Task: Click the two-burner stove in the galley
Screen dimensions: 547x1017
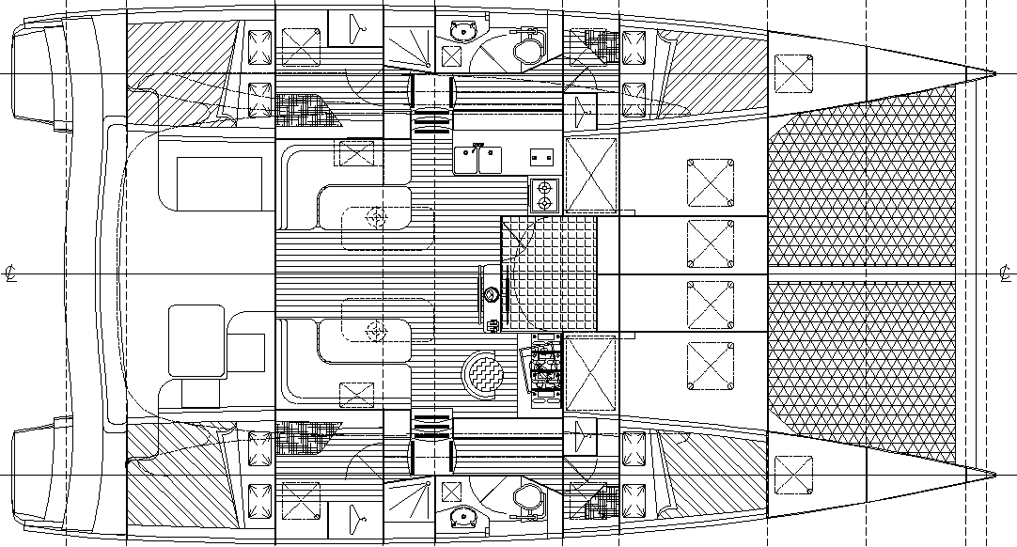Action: tap(543, 195)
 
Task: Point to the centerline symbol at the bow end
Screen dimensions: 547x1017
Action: tap(1005, 274)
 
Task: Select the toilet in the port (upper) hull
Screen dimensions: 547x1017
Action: tap(528, 49)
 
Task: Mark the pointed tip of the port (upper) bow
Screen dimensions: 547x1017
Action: tap(995, 72)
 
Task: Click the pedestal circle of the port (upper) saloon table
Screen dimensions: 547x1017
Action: tap(377, 218)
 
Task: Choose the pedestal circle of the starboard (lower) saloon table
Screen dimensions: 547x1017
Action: tap(377, 330)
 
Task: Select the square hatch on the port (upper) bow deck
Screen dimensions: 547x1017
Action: tap(792, 70)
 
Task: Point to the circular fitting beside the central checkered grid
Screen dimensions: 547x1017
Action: tap(492, 294)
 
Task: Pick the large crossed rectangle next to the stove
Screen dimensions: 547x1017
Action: tap(590, 175)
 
